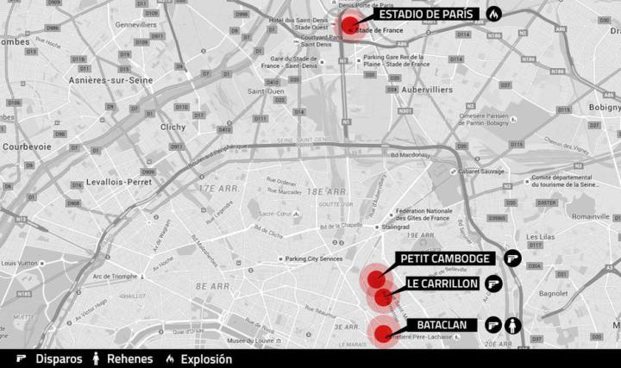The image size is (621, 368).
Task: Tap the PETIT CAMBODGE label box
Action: click(x=446, y=259)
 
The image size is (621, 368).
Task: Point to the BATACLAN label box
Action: click(x=443, y=325)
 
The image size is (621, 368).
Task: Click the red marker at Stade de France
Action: click(x=350, y=25)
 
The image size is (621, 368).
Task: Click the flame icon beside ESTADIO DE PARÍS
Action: click(x=493, y=15)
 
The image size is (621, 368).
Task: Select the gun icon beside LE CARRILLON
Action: click(x=494, y=283)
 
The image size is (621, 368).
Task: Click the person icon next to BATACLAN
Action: click(x=513, y=325)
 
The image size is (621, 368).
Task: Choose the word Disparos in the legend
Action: click(x=59, y=359)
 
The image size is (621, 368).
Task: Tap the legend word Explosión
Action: click(x=206, y=359)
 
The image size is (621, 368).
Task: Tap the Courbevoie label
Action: click(x=27, y=147)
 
